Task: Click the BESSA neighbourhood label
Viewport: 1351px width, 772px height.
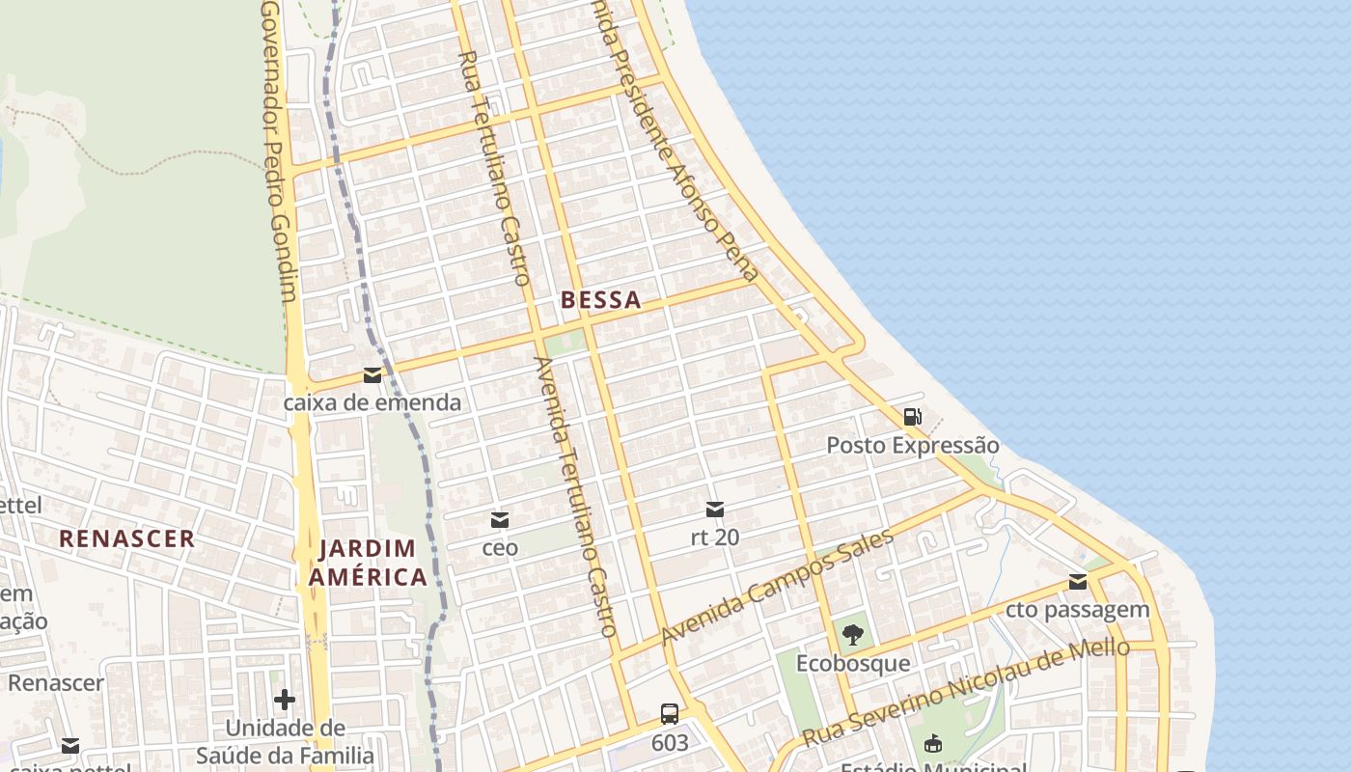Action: click(600, 300)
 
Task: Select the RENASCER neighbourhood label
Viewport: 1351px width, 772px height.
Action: click(126, 538)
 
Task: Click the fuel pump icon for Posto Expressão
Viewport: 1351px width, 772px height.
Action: click(912, 417)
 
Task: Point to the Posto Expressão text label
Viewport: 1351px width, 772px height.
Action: click(912, 446)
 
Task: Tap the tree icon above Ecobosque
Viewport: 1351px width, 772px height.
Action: click(852, 634)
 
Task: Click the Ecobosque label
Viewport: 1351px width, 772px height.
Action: click(852, 663)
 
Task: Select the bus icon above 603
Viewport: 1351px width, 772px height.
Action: click(670, 714)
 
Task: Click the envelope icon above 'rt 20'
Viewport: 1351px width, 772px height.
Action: click(715, 509)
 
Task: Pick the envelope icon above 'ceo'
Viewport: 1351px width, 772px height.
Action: click(500, 520)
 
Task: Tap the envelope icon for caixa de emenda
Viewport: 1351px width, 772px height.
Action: click(372, 375)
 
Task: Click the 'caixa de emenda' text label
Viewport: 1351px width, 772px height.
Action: click(372, 402)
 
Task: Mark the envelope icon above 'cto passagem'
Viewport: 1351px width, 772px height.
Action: click(1078, 582)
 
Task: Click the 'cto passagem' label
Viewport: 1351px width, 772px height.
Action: click(1078, 610)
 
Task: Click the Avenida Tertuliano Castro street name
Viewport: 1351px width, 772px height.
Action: click(576, 497)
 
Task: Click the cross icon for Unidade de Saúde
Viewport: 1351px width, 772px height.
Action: click(285, 699)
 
